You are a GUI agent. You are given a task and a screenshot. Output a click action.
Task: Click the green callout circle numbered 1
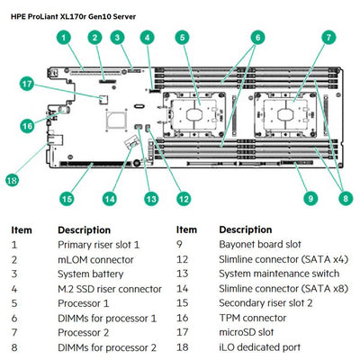point(64,37)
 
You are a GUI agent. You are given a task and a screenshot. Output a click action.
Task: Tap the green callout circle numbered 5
point(182,37)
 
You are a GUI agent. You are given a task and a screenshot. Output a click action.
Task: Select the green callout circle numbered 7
point(328,37)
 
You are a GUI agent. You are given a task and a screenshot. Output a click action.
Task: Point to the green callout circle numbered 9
point(310,197)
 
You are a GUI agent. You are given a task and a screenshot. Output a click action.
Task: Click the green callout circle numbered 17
point(28,85)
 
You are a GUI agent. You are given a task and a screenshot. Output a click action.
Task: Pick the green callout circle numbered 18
point(12,180)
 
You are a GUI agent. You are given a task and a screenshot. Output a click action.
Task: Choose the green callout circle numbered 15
point(66,197)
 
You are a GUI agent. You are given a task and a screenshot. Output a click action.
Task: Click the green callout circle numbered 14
point(110,197)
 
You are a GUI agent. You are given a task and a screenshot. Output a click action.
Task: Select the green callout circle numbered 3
point(118,37)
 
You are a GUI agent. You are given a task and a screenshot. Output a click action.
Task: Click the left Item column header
point(22,229)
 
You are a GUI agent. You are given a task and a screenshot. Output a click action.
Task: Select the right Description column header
point(246,229)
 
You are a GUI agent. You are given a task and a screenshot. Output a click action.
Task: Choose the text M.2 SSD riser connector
point(110,289)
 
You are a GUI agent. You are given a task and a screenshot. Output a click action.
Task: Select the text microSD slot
point(251,332)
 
